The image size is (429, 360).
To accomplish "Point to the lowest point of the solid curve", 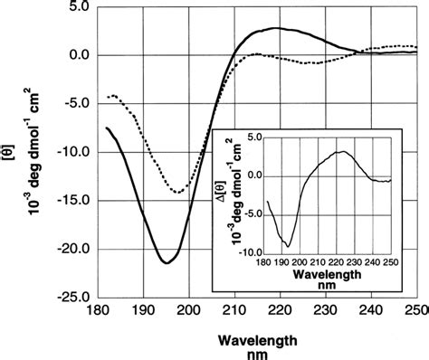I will point(167,262).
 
